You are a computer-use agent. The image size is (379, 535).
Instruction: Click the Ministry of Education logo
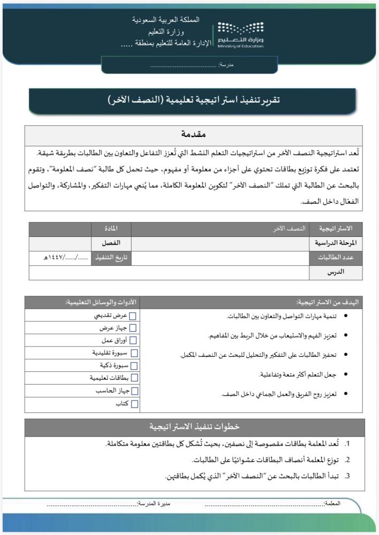(240, 35)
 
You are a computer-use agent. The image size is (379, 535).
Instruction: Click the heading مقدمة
(193, 133)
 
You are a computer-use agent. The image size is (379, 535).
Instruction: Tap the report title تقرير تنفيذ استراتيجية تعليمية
(193, 100)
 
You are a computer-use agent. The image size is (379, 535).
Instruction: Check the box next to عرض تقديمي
(133, 316)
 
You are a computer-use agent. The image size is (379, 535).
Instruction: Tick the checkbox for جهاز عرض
(133, 328)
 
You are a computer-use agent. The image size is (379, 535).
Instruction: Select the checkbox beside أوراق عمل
(133, 340)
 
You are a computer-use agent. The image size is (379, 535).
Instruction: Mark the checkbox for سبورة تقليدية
(134, 353)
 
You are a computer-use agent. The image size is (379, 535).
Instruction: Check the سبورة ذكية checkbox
(134, 366)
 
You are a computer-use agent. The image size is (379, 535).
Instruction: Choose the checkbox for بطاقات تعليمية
(134, 378)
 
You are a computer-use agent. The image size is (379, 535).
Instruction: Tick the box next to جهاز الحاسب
(134, 391)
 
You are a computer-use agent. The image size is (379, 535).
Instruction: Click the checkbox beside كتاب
(134, 404)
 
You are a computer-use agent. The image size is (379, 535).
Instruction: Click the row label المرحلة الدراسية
(336, 243)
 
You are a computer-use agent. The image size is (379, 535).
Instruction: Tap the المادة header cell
(112, 229)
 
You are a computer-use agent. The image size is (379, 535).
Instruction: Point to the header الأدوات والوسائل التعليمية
(101, 302)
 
